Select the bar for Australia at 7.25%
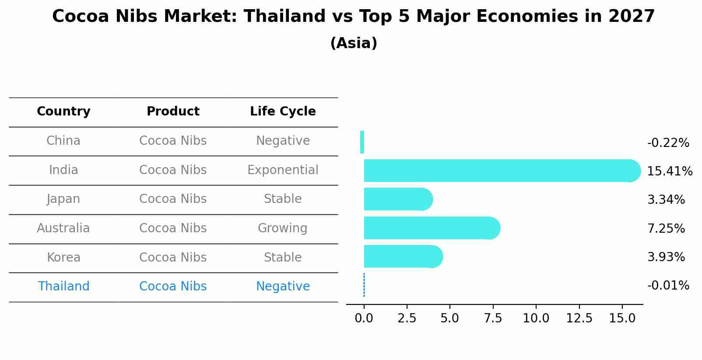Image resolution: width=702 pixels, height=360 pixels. (431, 228)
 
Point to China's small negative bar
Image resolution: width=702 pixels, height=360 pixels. (362, 142)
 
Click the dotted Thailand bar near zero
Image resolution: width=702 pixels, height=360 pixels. (364, 285)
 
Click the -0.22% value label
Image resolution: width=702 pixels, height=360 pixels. (668, 143)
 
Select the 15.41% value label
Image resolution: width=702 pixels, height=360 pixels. (669, 171)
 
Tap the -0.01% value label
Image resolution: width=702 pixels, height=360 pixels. (668, 286)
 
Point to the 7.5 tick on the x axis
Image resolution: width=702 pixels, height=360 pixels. (493, 318)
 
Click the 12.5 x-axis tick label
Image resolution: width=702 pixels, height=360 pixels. (579, 318)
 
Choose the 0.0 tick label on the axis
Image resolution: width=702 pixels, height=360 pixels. (364, 318)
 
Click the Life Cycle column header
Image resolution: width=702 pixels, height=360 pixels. (283, 112)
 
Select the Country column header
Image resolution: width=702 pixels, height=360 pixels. (63, 112)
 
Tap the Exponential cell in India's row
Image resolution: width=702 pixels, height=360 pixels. (283, 170)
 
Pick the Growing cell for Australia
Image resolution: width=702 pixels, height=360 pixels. (282, 228)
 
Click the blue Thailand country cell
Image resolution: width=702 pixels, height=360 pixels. (63, 287)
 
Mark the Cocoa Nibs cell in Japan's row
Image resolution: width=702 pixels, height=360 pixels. (173, 199)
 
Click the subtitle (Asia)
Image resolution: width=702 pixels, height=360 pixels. (354, 43)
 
